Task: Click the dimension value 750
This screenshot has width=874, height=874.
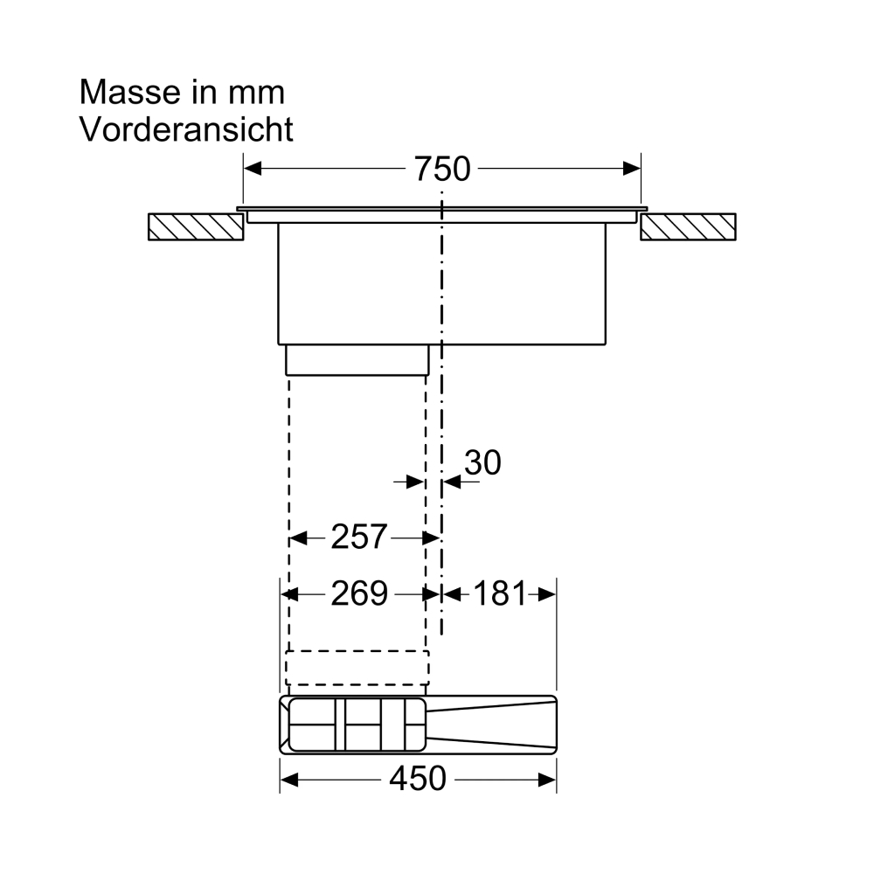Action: pyautogui.click(x=442, y=169)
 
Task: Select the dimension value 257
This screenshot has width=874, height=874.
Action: pyautogui.click(x=359, y=537)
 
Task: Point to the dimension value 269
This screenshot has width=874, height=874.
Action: pyautogui.click(x=359, y=593)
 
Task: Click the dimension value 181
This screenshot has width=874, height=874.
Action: pyautogui.click(x=500, y=593)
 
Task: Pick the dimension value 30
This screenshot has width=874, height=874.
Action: pyautogui.click(x=482, y=462)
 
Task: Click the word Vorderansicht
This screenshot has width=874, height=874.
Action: pyautogui.click(x=186, y=129)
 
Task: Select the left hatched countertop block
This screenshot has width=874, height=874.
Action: pyautogui.click(x=196, y=227)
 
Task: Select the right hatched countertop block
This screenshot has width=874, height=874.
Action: pyautogui.click(x=688, y=227)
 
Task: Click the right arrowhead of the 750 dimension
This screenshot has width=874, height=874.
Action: pyautogui.click(x=632, y=169)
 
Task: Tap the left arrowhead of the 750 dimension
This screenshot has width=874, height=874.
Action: pyautogui.click(x=253, y=169)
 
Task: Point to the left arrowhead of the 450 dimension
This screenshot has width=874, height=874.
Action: pyautogui.click(x=288, y=780)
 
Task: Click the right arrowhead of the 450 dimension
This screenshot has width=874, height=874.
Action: pyautogui.click(x=547, y=780)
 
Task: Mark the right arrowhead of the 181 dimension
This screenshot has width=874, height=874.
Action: pyautogui.click(x=547, y=594)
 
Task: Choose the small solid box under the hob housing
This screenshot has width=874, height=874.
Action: pyautogui.click(x=357, y=360)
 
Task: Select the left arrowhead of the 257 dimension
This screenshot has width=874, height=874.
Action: pyautogui.click(x=298, y=538)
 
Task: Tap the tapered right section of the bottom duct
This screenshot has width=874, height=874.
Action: pyautogui.click(x=491, y=725)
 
